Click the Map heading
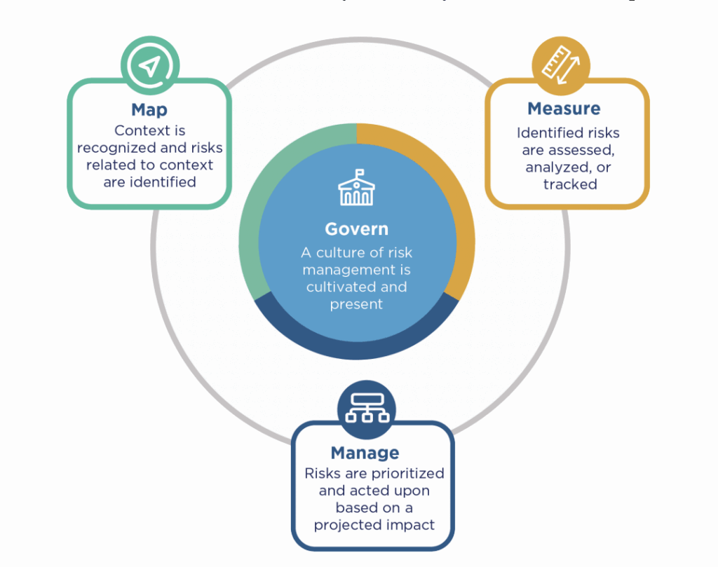(x=149, y=110)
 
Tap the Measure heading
(x=564, y=109)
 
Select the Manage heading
(x=365, y=453)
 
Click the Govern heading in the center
(x=356, y=229)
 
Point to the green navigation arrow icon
(x=149, y=67)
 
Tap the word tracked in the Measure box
(x=570, y=184)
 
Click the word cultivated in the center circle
(x=337, y=287)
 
